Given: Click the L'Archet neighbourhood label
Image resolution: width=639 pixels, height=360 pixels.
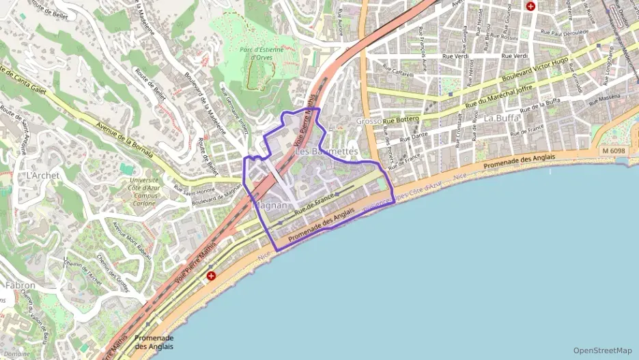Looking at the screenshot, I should pyautogui.click(x=39, y=176).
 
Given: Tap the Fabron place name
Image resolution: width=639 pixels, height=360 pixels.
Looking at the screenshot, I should pyautogui.click(x=20, y=285).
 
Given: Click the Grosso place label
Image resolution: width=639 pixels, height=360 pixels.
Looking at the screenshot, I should pyautogui.click(x=369, y=121).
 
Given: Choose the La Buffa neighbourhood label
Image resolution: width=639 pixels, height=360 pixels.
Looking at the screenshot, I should pyautogui.click(x=502, y=117).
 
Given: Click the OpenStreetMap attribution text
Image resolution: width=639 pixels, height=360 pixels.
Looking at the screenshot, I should pyautogui.click(x=602, y=350).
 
